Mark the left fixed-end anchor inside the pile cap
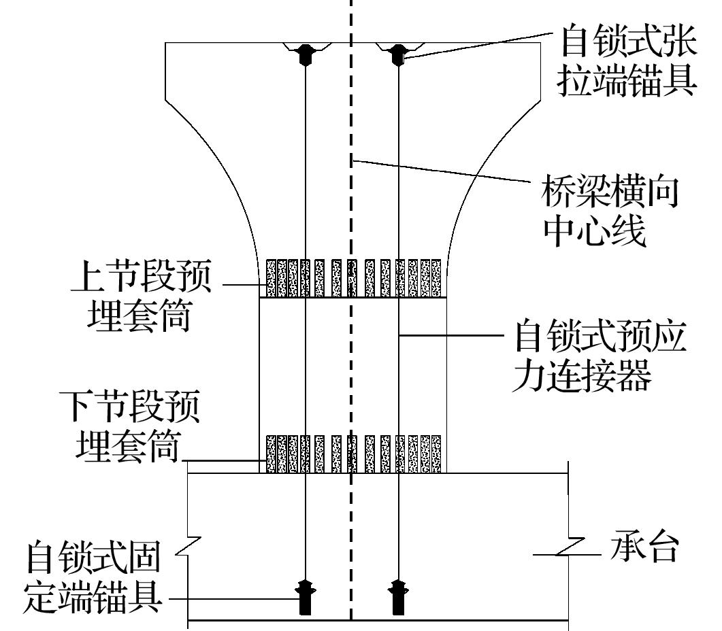305,597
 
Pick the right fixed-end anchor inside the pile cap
398,597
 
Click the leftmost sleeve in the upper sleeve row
272,277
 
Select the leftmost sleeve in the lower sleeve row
272,454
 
